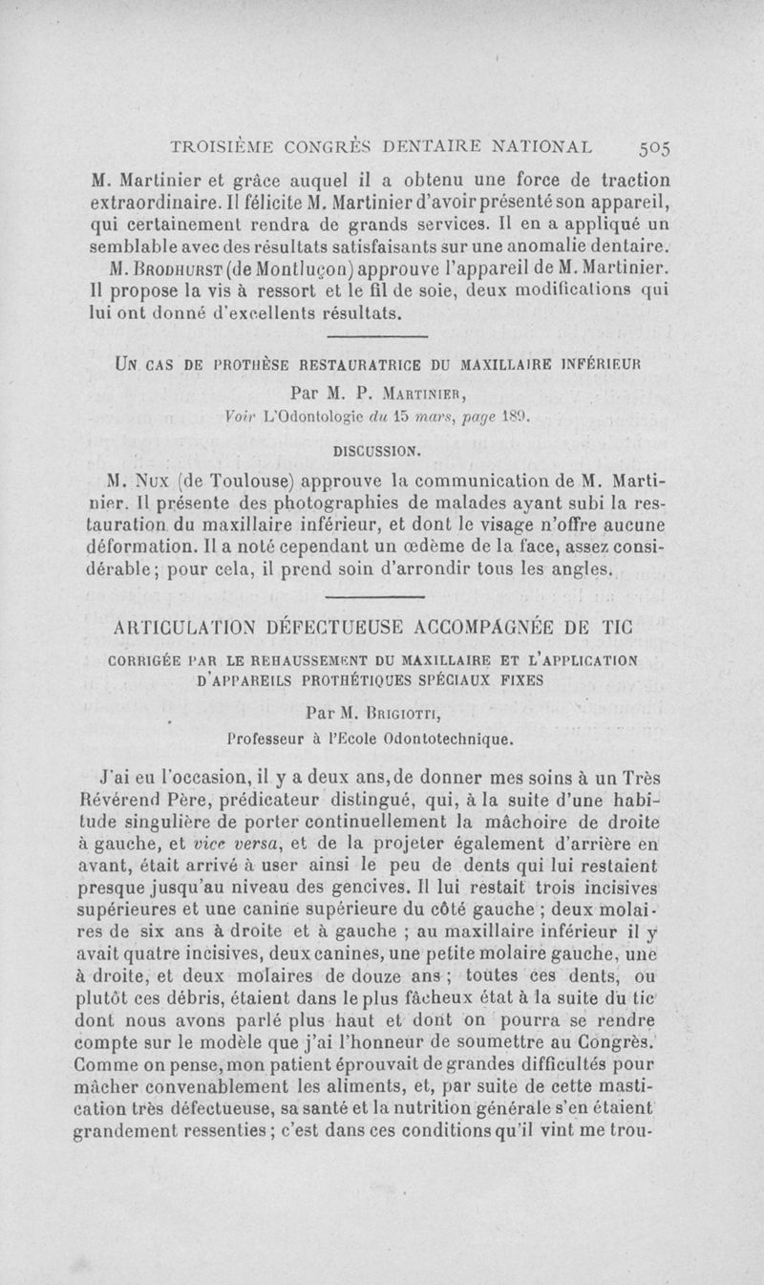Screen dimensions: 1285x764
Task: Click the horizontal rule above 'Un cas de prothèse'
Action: (x=376, y=336)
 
